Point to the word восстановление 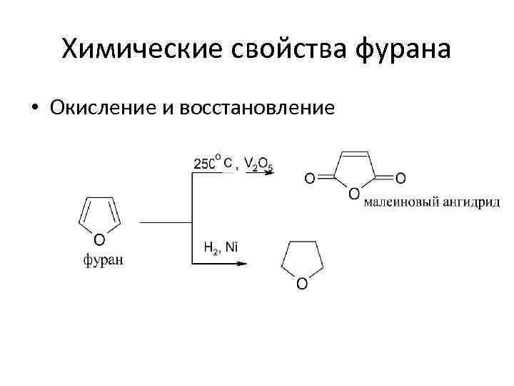pyautogui.click(x=257, y=108)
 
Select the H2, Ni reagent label pyautogui.click(x=221, y=248)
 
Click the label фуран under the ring pyautogui.click(x=103, y=259)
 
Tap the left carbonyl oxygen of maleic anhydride pyautogui.click(x=309, y=178)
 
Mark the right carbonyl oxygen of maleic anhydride pyautogui.click(x=400, y=178)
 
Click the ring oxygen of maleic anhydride pyautogui.click(x=355, y=193)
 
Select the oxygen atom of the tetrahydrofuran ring pyautogui.click(x=302, y=284)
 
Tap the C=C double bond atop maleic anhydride pyautogui.click(x=355, y=152)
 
